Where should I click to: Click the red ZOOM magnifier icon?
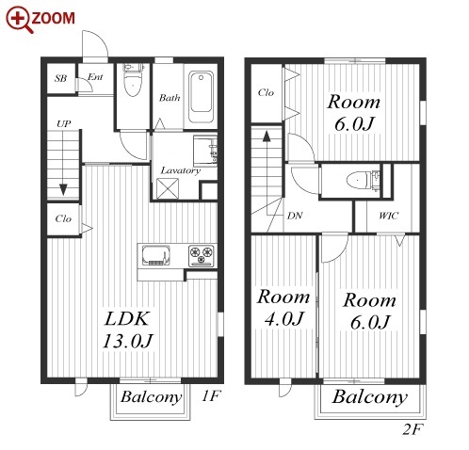(x=19, y=20)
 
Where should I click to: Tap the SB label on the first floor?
(x=60, y=78)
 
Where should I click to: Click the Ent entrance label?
(x=95, y=77)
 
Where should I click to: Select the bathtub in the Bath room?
(x=201, y=97)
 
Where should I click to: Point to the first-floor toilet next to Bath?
(x=133, y=80)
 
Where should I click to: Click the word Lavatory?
(x=181, y=170)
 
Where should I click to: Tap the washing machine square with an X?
(x=168, y=188)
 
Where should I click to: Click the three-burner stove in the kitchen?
(x=202, y=255)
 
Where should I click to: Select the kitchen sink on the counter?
(x=155, y=255)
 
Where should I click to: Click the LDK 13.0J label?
(x=127, y=329)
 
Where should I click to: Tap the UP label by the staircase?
(x=64, y=124)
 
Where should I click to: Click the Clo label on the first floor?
(x=63, y=218)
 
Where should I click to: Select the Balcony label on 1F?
(x=152, y=397)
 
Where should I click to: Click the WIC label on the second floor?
(x=389, y=216)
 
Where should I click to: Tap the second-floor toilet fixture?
(x=363, y=181)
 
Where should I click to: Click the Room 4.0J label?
(x=283, y=308)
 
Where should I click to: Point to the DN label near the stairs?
(x=295, y=216)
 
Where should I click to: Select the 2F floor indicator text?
(x=412, y=429)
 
